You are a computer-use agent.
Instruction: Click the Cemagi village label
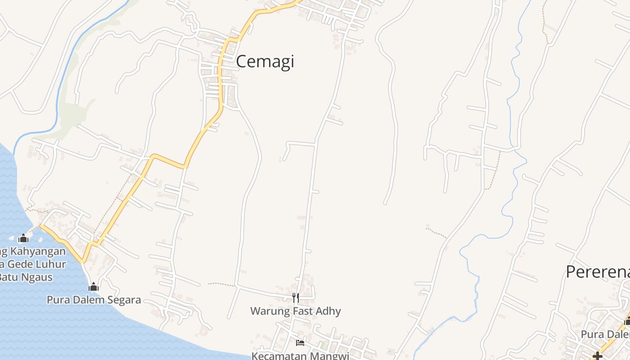(x=265, y=61)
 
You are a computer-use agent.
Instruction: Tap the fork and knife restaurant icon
(x=295, y=297)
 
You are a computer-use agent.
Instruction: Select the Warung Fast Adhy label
(x=295, y=311)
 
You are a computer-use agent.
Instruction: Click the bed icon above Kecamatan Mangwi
(x=300, y=343)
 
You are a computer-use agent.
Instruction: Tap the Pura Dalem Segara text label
(x=94, y=300)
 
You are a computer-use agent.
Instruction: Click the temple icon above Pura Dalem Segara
(x=94, y=287)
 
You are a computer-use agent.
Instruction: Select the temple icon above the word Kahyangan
(x=23, y=238)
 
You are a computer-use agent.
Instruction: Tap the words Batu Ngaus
(x=26, y=277)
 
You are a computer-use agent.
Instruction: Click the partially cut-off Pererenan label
(x=598, y=272)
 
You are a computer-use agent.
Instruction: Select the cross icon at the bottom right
(x=598, y=356)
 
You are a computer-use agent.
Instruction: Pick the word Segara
(x=124, y=300)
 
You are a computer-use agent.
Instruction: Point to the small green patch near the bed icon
(x=321, y=345)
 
